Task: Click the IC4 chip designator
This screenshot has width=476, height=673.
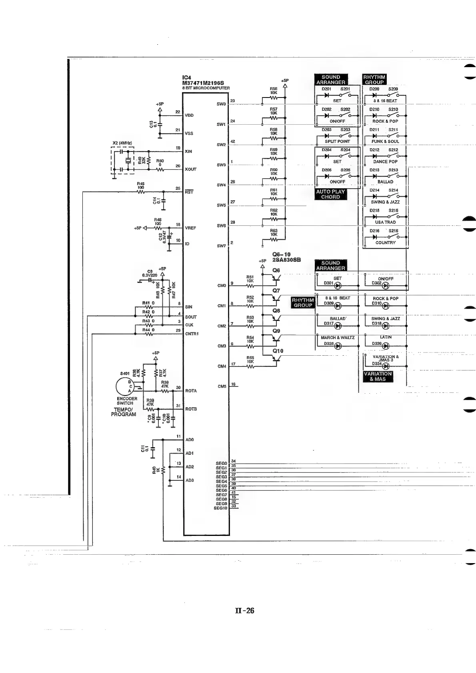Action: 187,78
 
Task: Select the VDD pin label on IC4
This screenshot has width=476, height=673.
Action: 189,115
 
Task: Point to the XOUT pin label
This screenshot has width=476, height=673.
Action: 191,169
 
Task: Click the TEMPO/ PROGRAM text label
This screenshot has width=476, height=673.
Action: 124,412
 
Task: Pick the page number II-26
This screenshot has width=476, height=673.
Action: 244,610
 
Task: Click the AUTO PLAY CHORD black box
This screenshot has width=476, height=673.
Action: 330,194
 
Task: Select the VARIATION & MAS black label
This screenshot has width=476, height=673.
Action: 378,376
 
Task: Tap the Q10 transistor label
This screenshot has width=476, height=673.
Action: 278,351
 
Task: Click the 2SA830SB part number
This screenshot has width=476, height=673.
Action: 286,260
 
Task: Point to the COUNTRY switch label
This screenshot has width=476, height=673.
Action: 385,243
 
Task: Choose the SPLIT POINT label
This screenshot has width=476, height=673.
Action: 337,141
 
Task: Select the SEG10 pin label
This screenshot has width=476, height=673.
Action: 220,508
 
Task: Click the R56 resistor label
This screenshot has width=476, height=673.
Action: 274,89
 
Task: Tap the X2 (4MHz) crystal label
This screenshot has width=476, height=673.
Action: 122,143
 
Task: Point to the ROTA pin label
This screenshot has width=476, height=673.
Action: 191,391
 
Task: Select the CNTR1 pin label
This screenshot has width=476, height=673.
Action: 192,333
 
